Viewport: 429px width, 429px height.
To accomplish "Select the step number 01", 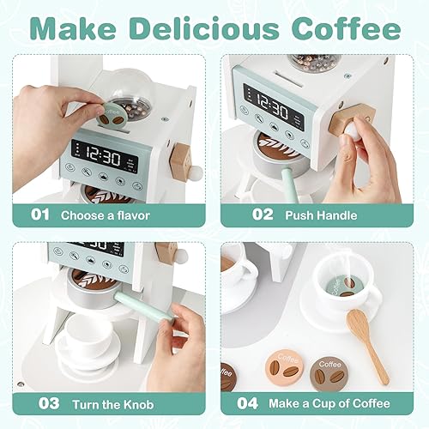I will click(x=40, y=214).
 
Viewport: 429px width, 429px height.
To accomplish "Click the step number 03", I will click(x=40, y=402).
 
